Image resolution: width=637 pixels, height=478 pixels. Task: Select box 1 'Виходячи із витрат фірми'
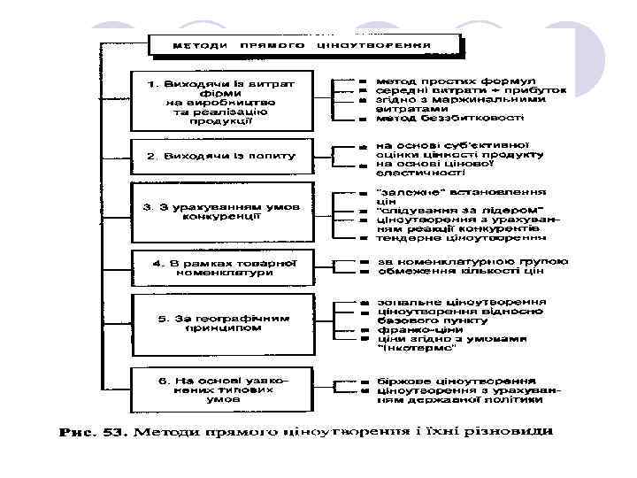pos(220,102)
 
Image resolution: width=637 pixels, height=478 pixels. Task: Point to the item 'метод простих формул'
pos(443,80)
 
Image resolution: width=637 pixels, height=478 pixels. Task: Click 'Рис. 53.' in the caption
pos(94,433)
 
